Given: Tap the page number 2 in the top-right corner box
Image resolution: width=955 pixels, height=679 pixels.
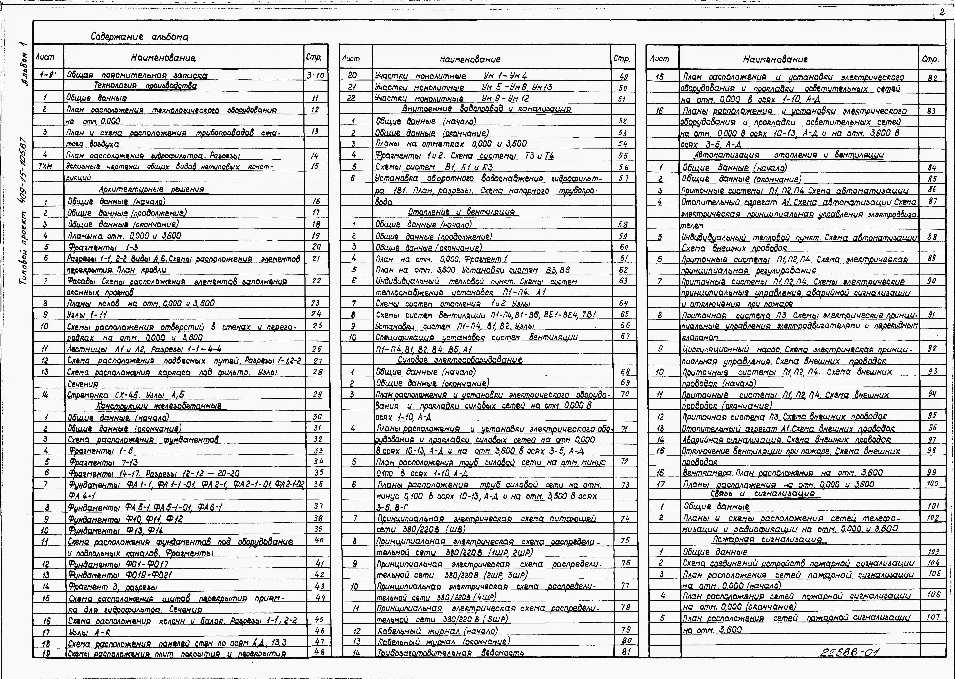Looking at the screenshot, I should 942,13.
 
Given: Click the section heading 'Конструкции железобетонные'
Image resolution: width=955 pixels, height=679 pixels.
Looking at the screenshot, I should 159,406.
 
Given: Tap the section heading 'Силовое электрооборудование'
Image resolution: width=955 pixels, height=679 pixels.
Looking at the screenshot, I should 460,360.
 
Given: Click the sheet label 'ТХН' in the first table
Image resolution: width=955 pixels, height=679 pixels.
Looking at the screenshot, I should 45,166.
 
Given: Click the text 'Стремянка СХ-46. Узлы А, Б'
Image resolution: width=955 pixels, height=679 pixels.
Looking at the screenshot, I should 125,395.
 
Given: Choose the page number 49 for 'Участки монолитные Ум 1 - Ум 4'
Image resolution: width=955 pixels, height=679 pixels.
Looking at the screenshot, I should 623,77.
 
